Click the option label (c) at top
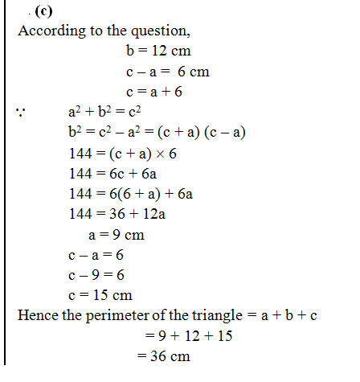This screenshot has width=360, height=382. [43, 11]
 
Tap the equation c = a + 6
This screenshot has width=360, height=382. [154, 92]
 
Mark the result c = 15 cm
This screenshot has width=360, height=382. [100, 295]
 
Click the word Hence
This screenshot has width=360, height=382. [37, 315]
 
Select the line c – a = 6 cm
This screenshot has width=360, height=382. [168, 72]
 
